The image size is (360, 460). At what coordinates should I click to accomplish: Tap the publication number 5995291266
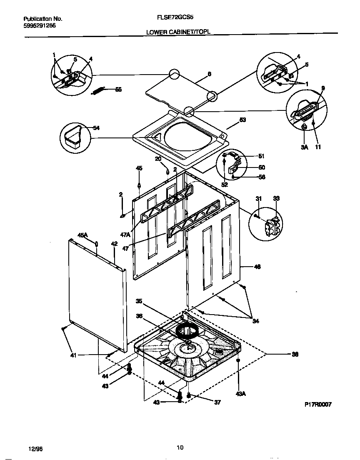pyautogui.click(x=40, y=25)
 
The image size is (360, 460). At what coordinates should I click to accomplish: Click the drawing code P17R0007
pyautogui.click(x=317, y=405)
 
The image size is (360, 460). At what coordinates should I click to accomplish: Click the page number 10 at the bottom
pyautogui.click(x=180, y=448)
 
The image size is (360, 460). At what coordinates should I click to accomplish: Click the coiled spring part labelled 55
pyautogui.click(x=99, y=90)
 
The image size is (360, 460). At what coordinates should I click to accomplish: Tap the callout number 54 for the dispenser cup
pyautogui.click(x=96, y=128)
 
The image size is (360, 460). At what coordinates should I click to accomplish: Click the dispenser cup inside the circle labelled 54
pyautogui.click(x=73, y=136)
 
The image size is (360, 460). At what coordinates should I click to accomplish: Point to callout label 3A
pyautogui.click(x=304, y=147)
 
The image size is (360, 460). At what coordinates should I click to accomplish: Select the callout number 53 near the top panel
pyautogui.click(x=243, y=120)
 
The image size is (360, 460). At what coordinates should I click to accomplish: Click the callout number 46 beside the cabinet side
pyautogui.click(x=257, y=267)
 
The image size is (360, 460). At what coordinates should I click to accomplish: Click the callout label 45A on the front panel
pyautogui.click(x=82, y=235)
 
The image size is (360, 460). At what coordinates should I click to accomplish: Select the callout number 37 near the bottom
pyautogui.click(x=217, y=402)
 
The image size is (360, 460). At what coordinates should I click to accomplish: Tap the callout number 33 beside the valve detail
pyautogui.click(x=276, y=198)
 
